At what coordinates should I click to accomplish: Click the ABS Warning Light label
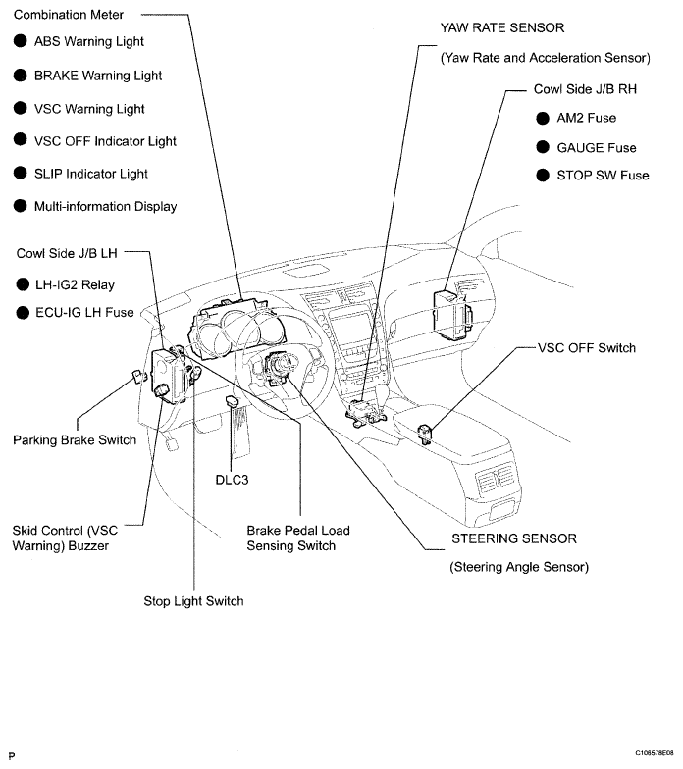click(88, 42)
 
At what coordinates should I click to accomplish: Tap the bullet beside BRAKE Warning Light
click(20, 76)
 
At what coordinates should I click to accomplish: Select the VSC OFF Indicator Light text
click(105, 141)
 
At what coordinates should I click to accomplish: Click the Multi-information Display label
click(105, 207)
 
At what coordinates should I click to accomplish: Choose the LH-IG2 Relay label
click(74, 285)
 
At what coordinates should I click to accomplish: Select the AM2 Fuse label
click(586, 118)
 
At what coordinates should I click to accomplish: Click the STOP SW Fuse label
click(603, 176)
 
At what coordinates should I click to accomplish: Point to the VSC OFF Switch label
click(587, 348)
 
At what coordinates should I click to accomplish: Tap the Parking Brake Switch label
click(75, 440)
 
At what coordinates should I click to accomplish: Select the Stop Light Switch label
click(193, 600)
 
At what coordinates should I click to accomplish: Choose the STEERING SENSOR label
click(513, 538)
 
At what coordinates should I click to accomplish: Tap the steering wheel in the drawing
click(275, 368)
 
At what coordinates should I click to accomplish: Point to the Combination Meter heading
click(69, 16)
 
